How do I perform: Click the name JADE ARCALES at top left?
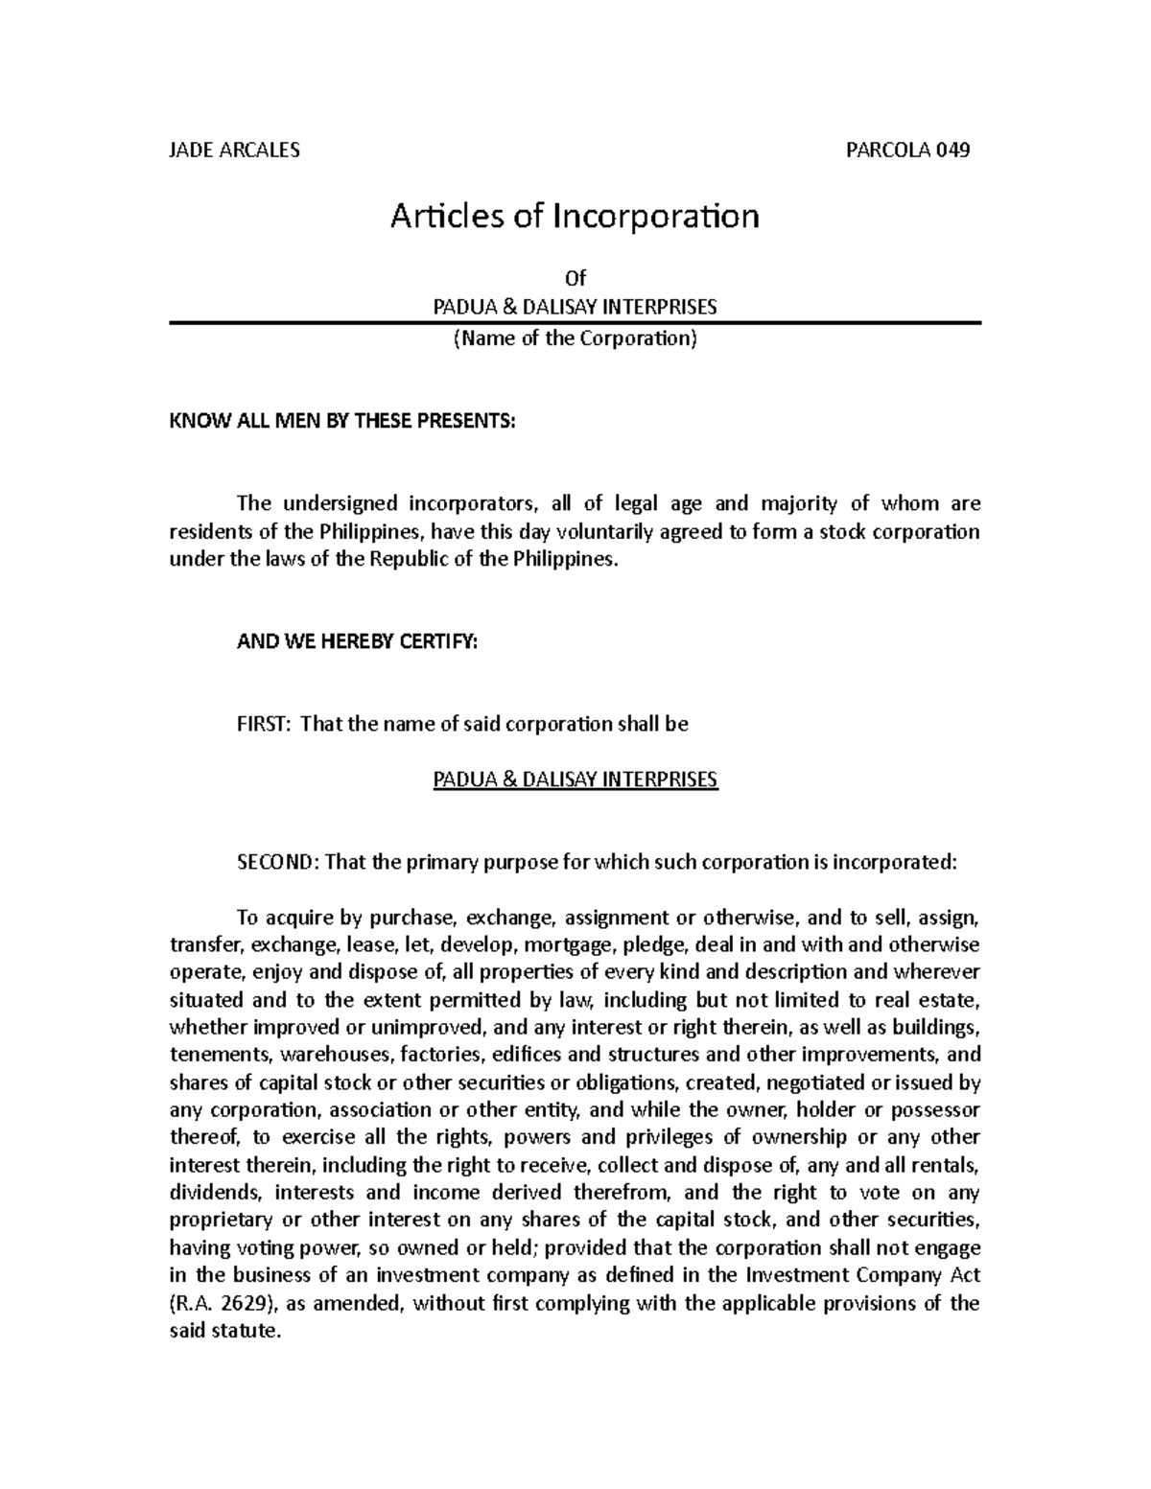point(234,151)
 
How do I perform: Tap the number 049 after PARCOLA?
point(953,151)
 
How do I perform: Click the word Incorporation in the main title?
point(654,218)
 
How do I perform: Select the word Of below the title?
point(575,279)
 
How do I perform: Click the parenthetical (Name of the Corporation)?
point(575,338)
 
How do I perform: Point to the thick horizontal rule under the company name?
point(575,324)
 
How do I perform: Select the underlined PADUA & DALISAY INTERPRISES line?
point(575,779)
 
